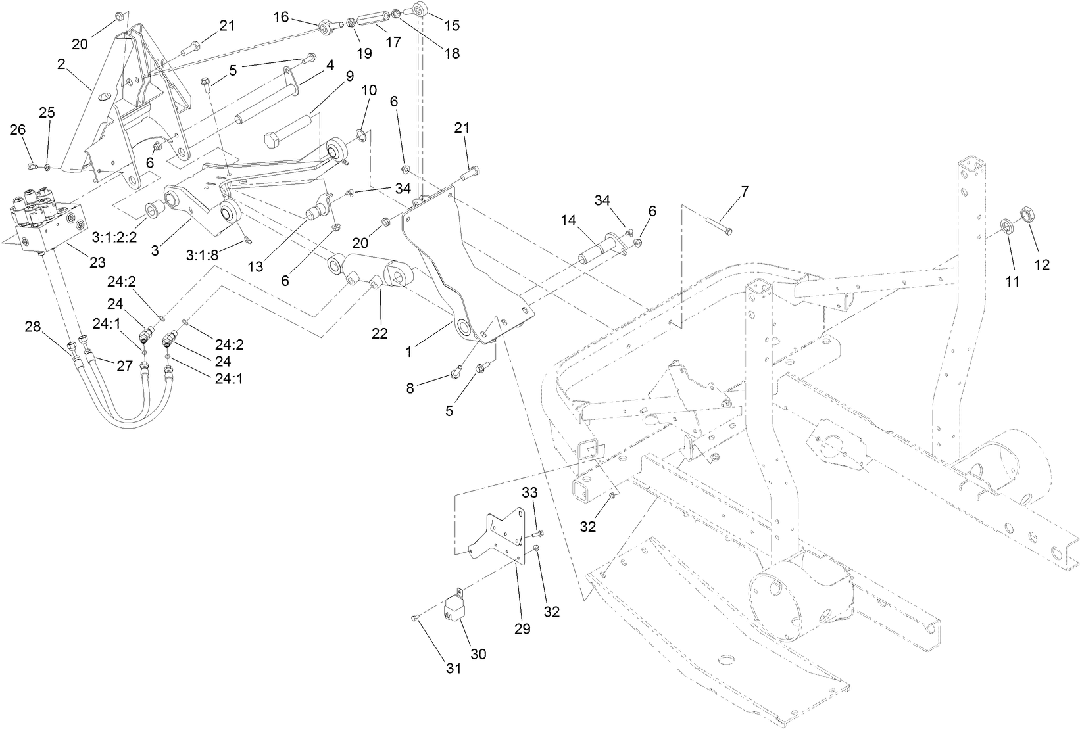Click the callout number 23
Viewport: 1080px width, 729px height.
(x=97, y=262)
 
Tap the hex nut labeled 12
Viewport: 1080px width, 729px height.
(x=1027, y=214)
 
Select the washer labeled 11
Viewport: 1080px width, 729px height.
(x=1007, y=227)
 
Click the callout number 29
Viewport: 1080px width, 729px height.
(x=522, y=628)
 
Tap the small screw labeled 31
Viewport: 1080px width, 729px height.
(x=414, y=617)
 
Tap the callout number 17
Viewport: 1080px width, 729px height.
(x=393, y=42)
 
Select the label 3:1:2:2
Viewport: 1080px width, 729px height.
(x=114, y=237)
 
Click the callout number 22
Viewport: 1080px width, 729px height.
(x=380, y=333)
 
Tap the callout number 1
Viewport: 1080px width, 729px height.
(x=408, y=352)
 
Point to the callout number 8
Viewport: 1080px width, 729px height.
(x=410, y=388)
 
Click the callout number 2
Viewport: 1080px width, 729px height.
(x=61, y=64)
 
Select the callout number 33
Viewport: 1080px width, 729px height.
(x=530, y=492)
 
